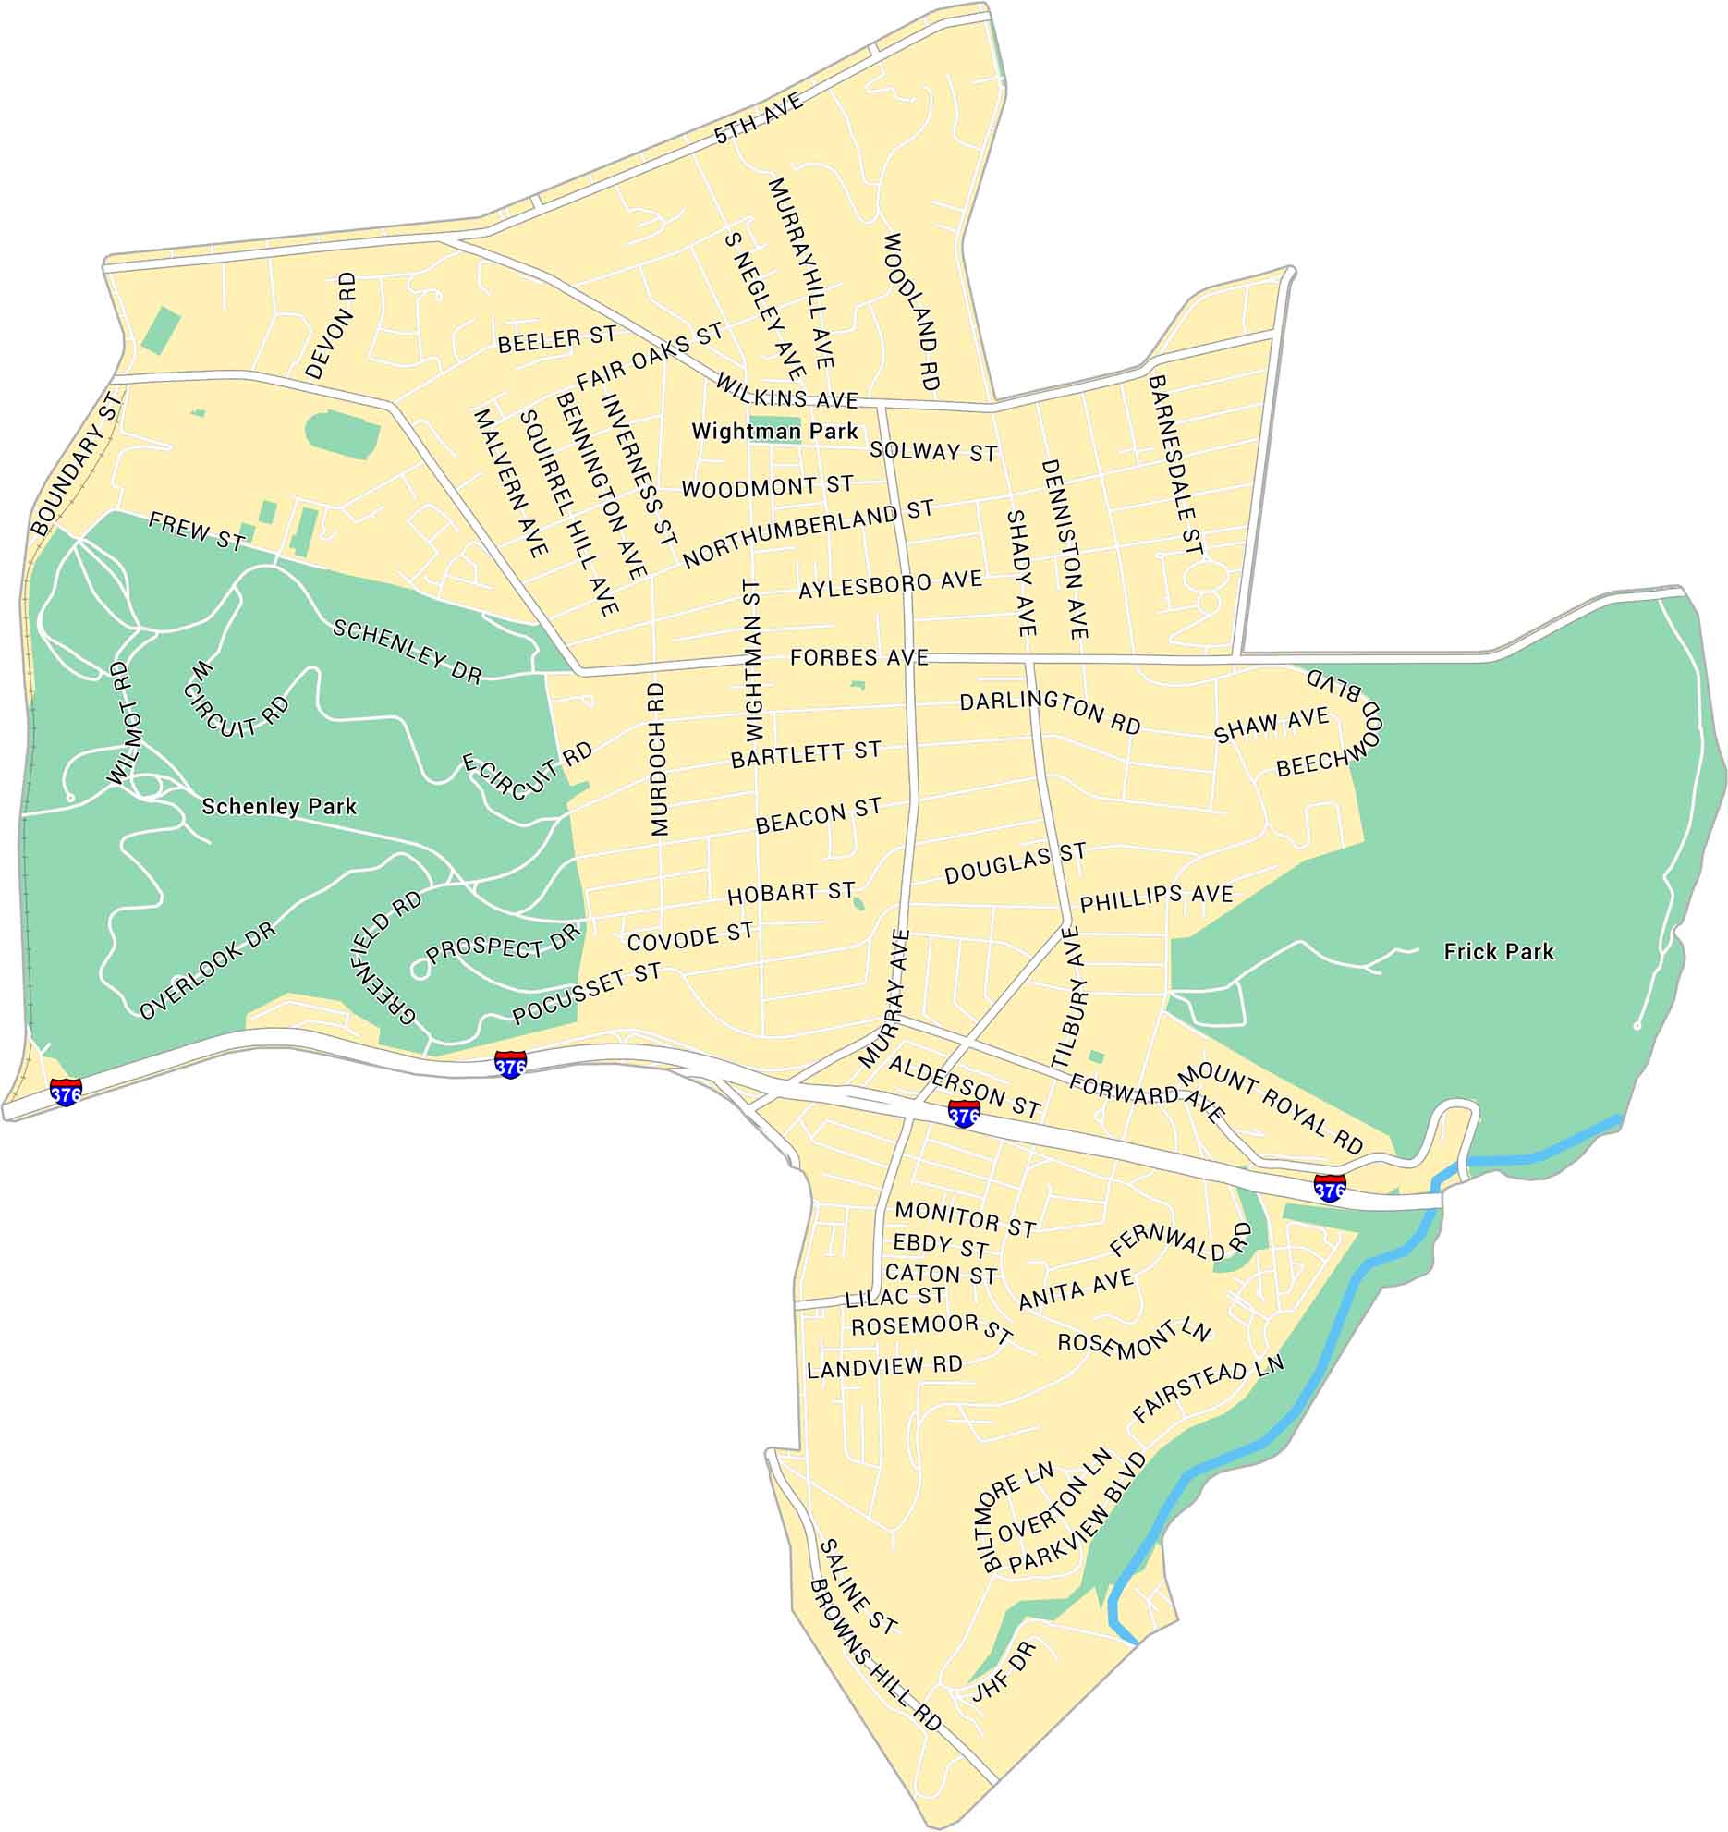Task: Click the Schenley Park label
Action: click(x=279, y=807)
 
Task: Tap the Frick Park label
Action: click(x=1499, y=951)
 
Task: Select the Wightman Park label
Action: click(x=774, y=431)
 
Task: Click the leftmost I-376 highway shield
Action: click(x=66, y=1092)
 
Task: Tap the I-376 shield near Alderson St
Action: click(x=964, y=1114)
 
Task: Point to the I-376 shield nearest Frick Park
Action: click(x=1329, y=1188)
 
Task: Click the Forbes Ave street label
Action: click(x=858, y=657)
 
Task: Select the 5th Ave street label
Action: click(x=759, y=120)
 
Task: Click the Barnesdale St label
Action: click(x=1175, y=464)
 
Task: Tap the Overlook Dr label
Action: click(x=208, y=971)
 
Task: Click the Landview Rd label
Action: click(x=884, y=1366)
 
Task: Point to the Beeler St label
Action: click(x=556, y=339)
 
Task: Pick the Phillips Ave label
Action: click(x=1156, y=897)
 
